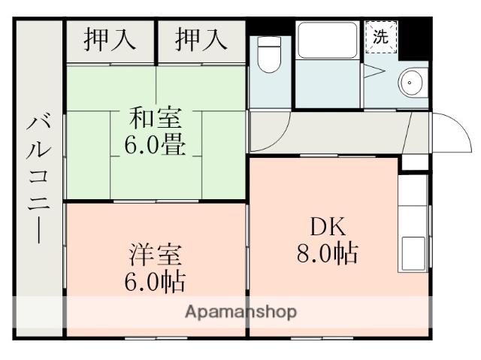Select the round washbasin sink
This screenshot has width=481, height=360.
point(410,80)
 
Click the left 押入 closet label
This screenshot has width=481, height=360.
point(110,40)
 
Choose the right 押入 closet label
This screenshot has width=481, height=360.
point(201,40)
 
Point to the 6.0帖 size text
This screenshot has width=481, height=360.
point(156,282)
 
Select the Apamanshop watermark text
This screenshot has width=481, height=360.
point(240,311)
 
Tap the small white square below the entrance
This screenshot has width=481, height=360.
point(413,162)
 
